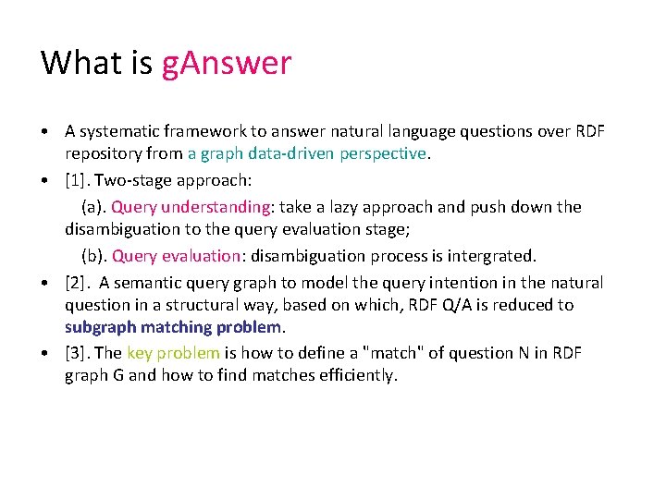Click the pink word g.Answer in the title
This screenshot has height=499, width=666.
[227, 63]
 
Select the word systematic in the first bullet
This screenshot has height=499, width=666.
[117, 131]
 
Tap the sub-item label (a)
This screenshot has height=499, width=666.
[93, 206]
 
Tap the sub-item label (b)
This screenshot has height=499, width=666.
[93, 255]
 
